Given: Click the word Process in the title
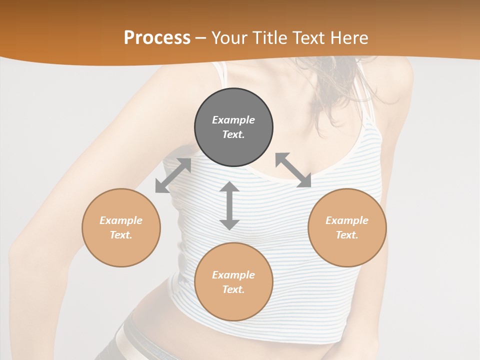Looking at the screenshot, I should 157,38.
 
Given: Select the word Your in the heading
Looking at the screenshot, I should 230,38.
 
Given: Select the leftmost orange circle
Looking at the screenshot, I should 121,227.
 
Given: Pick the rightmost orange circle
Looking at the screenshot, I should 347,227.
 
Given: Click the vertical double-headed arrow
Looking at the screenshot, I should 229,205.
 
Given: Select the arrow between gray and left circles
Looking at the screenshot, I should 173,175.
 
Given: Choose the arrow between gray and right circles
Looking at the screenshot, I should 293,170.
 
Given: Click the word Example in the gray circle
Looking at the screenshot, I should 233,120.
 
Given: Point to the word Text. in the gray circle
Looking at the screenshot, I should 233,134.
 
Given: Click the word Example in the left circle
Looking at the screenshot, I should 121,220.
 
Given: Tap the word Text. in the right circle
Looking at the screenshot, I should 347,235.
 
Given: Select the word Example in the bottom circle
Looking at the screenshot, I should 233,275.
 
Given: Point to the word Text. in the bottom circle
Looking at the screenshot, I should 233,289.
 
